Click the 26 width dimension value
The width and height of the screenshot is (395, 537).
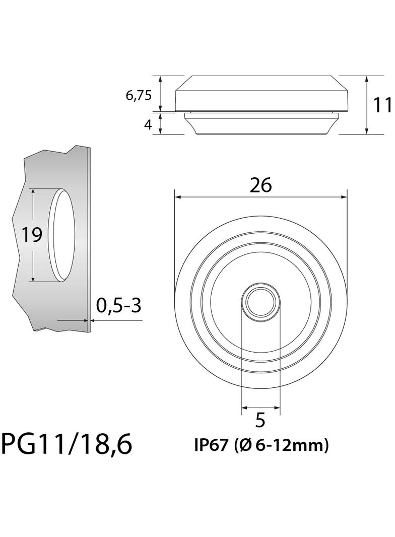tap(260, 185)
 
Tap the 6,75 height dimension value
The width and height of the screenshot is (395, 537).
tap(139, 95)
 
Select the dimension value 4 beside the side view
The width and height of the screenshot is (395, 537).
tap(148, 124)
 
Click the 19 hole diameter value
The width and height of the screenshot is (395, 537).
tap(31, 235)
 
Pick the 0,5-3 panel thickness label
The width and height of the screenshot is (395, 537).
tap(118, 305)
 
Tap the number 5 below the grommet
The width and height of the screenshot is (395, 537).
tap(260, 420)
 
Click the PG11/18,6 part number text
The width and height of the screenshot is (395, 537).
tap(67, 444)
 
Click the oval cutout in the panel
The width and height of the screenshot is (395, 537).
tap(63, 235)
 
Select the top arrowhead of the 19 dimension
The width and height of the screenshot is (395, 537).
tap(33, 192)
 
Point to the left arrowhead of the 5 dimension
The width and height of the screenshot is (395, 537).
tap(244, 407)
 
